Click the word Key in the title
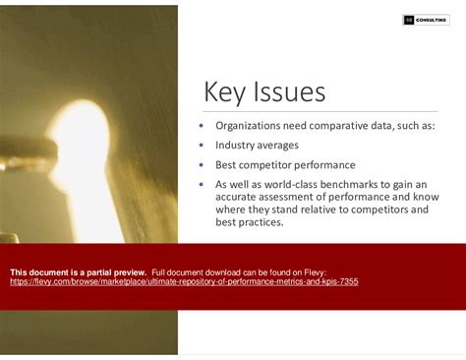click(x=225, y=92)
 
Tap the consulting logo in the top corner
click(x=426, y=20)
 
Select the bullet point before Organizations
click(x=203, y=126)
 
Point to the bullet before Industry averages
click(x=203, y=146)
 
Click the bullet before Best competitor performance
click(x=203, y=164)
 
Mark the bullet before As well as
click(x=203, y=184)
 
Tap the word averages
click(x=280, y=146)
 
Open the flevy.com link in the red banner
click(x=184, y=281)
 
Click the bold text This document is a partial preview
click(x=78, y=271)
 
